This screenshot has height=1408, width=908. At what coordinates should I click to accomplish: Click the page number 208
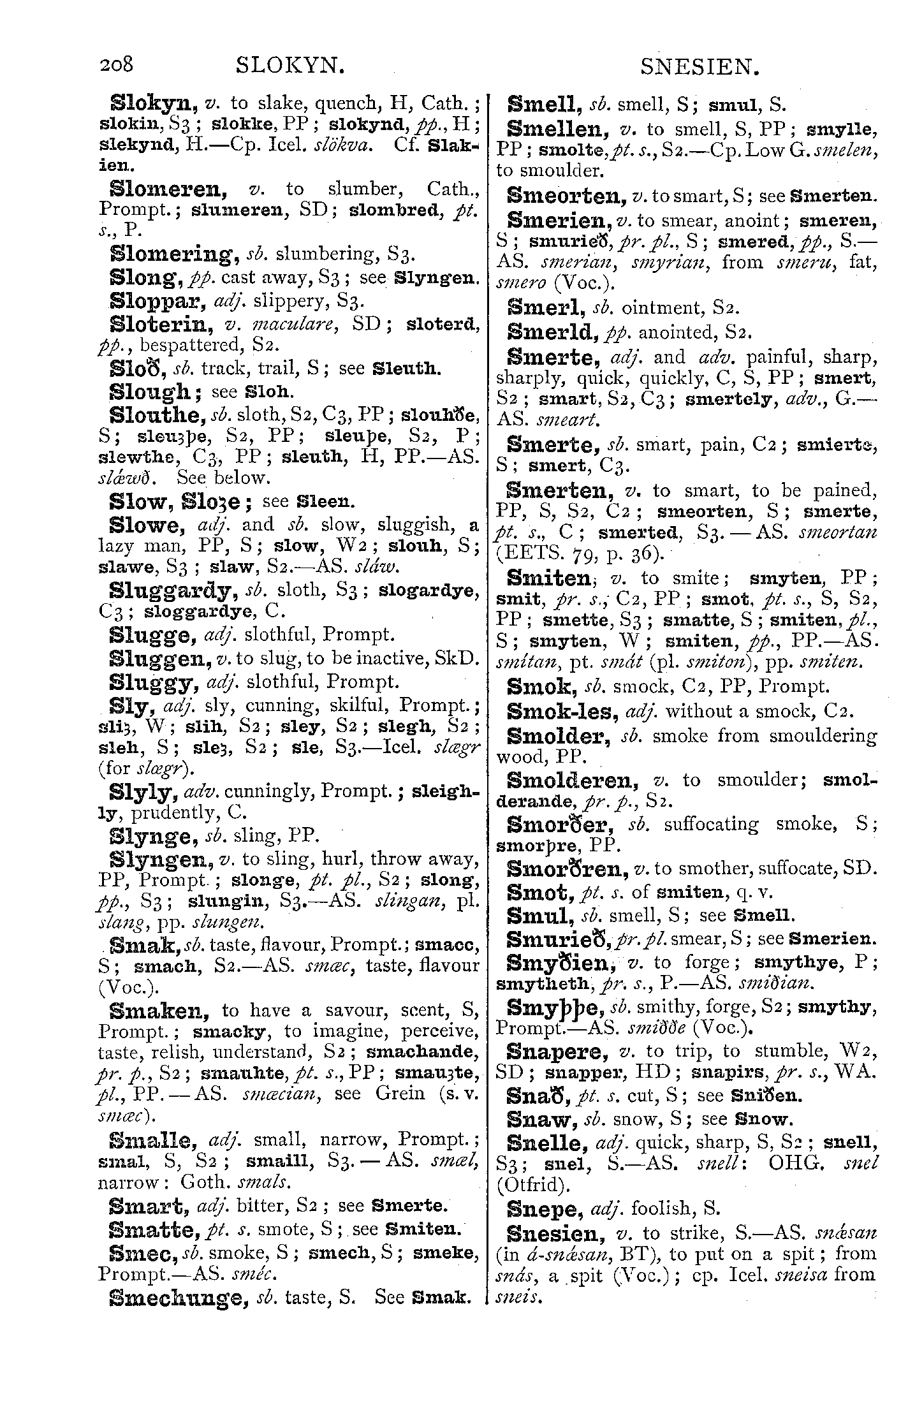[x=116, y=65]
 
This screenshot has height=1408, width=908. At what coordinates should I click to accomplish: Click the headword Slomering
[x=172, y=255]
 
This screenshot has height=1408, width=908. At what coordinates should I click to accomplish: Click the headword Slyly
[x=143, y=793]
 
